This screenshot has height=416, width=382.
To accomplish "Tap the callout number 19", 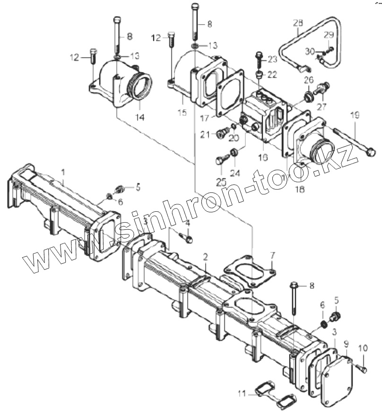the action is (355, 115).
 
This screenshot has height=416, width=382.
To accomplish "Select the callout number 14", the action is (140, 117).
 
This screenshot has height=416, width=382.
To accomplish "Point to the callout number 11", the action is (242, 394).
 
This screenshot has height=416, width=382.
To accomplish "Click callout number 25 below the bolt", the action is (222, 182).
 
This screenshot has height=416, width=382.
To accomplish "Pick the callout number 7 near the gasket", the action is (273, 256).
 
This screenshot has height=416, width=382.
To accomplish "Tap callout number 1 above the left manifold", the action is (63, 173).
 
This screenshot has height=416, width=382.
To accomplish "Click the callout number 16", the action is (263, 157).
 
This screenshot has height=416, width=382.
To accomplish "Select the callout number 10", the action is (363, 348).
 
